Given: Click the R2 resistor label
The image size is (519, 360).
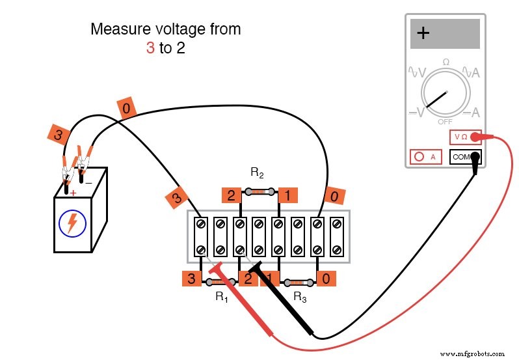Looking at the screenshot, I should [x=257, y=173].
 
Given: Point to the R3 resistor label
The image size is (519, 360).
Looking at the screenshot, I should [x=299, y=297].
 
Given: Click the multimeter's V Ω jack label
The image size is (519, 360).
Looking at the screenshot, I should [x=460, y=137].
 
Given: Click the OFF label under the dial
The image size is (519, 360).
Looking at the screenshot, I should [x=445, y=122].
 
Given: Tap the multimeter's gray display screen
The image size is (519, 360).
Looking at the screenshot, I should [x=445, y=34].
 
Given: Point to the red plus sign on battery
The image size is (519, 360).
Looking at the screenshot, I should [x=73, y=193].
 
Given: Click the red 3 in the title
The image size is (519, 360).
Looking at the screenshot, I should [x=150, y=48].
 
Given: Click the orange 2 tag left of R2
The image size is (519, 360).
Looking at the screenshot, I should [x=230, y=195].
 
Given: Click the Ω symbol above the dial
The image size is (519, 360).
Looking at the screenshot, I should [x=446, y=62].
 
